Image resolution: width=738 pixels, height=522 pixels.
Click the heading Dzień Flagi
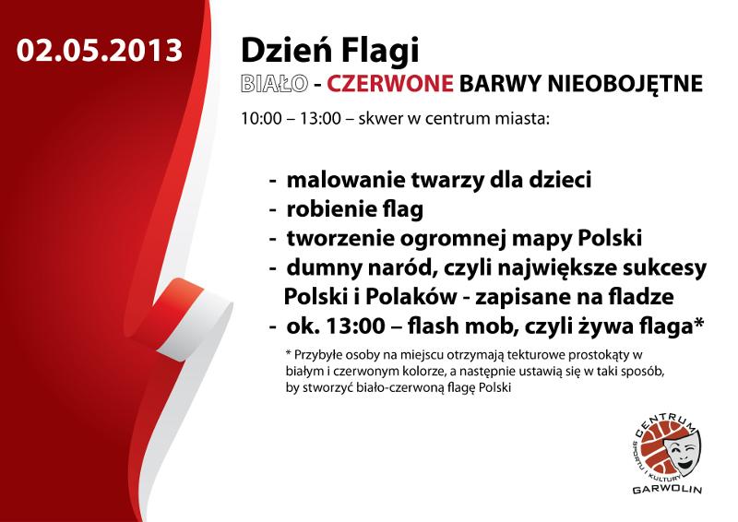click(329, 52)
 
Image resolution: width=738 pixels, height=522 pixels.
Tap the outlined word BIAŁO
click(274, 83)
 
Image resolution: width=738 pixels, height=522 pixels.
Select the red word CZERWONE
click(389, 83)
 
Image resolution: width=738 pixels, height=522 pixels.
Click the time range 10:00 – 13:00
click(291, 118)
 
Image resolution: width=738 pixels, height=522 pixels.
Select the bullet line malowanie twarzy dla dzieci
click(439, 180)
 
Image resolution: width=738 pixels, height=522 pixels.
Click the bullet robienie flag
click(354, 209)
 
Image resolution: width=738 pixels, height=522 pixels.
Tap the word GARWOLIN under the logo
click(667, 490)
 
